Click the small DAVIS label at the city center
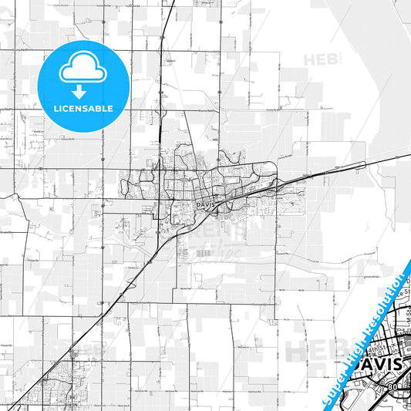point(204,205)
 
